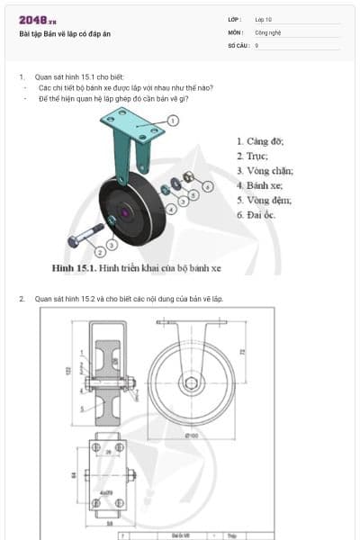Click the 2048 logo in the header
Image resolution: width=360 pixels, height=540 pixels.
(37, 20)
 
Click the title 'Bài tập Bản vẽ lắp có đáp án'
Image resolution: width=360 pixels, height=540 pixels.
(65, 34)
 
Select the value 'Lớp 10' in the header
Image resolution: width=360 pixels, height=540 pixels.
(264, 18)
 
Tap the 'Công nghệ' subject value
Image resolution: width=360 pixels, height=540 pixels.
(268, 31)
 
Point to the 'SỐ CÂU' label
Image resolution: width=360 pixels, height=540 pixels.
(238, 44)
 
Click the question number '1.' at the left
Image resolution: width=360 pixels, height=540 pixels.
(22, 77)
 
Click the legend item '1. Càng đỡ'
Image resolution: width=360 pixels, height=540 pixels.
(260, 141)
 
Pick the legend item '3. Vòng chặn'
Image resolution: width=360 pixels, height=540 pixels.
(265, 170)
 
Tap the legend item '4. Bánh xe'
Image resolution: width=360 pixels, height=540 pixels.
(260, 184)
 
